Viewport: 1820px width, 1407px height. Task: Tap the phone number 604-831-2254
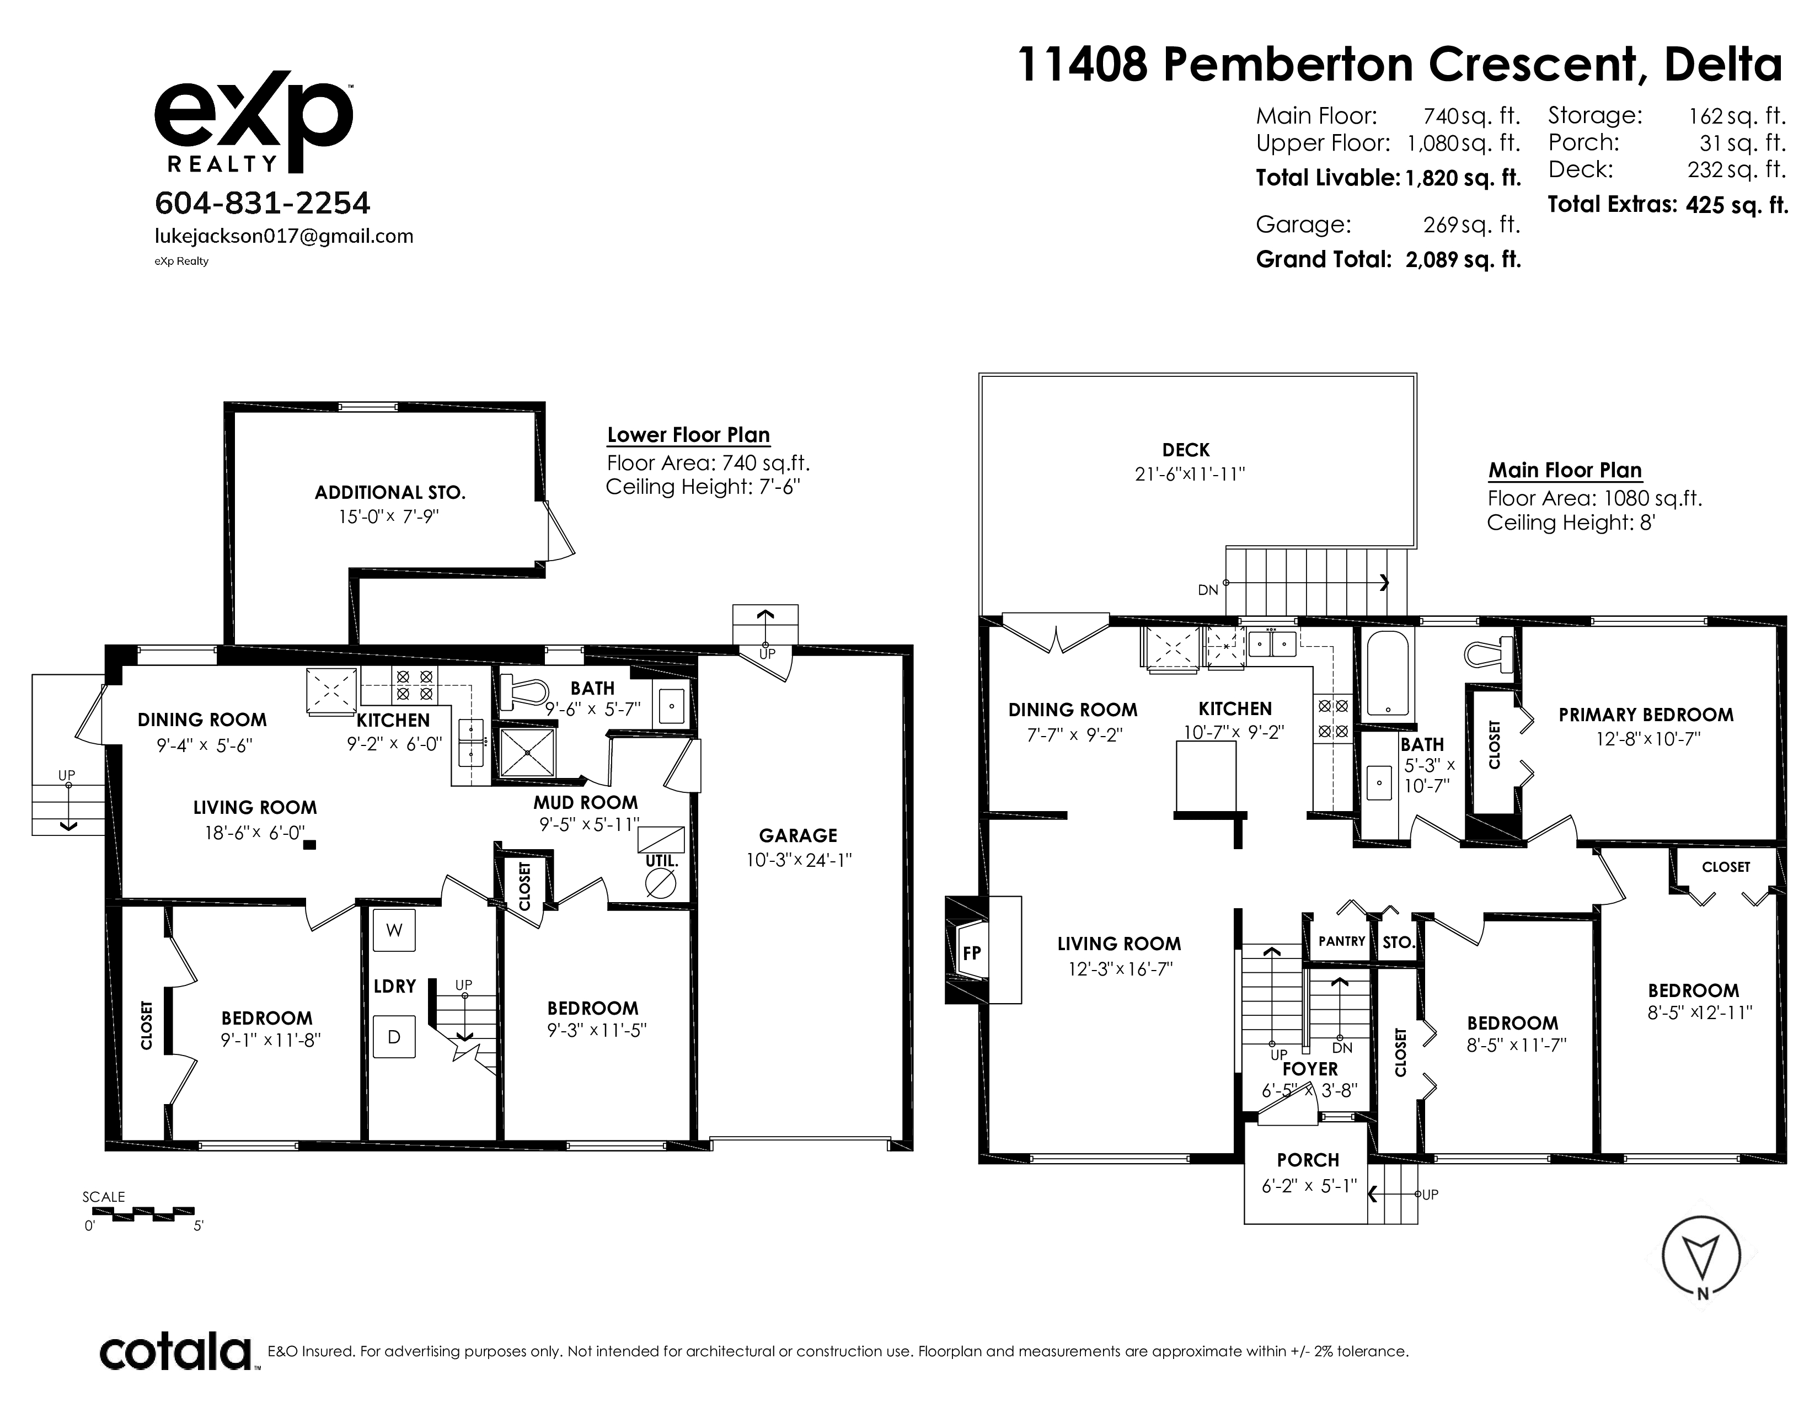[263, 202]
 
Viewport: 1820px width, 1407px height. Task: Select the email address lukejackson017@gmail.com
[284, 237]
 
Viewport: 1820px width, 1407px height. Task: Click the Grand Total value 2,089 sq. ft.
[1463, 260]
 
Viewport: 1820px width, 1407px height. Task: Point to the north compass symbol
[1701, 1259]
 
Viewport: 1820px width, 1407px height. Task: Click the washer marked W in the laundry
[394, 930]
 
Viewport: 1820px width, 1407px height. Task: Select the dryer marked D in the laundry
[394, 1037]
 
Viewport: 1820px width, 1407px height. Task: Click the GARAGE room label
[797, 835]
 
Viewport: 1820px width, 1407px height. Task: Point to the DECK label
[1186, 450]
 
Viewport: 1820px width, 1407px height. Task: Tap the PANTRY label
[1342, 941]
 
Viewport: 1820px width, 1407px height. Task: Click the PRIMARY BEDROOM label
[1646, 715]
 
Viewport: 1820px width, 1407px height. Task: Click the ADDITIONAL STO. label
[389, 493]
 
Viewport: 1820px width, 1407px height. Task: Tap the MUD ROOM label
[586, 803]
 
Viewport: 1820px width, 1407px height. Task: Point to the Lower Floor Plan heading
[688, 435]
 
